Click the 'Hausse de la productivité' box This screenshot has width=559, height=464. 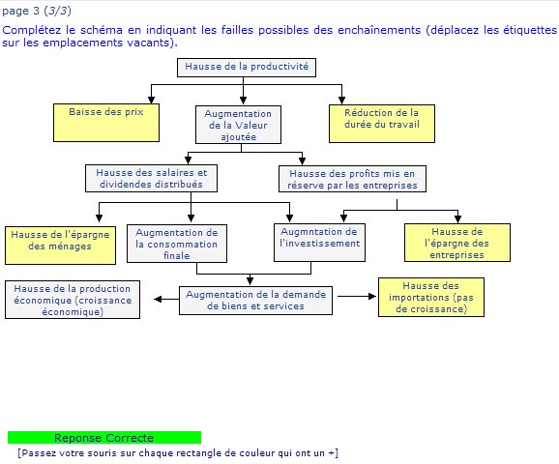(x=247, y=68)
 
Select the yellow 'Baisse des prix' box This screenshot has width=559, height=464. (x=106, y=123)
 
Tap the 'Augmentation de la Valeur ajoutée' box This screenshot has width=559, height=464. (x=238, y=125)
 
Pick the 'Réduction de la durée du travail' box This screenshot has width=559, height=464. (x=382, y=124)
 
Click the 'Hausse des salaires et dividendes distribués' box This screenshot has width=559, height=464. (x=151, y=178)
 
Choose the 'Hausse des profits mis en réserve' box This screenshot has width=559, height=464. (x=352, y=179)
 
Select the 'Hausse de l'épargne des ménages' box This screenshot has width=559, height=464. (x=60, y=246)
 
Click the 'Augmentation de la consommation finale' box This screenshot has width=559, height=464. (x=177, y=244)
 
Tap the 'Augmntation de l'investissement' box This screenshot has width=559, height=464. (x=319, y=243)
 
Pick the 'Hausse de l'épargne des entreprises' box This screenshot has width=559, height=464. (x=457, y=243)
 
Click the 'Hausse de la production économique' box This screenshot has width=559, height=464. (x=73, y=300)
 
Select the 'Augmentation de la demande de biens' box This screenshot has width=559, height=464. (x=255, y=301)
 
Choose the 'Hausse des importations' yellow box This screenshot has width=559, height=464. (x=431, y=297)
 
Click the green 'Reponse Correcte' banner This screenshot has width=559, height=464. (x=104, y=438)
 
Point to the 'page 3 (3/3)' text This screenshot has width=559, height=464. (x=37, y=11)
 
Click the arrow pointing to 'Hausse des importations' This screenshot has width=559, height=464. (x=357, y=296)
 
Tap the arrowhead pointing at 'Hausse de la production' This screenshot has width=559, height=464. (x=158, y=299)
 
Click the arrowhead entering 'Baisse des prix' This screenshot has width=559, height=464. (x=151, y=100)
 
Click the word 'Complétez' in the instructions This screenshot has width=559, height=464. (x=31, y=31)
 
